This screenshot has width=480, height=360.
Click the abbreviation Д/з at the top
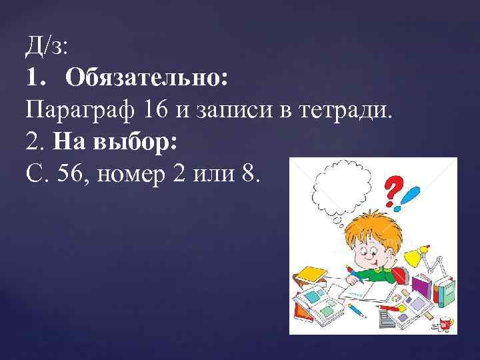click(x=47, y=47)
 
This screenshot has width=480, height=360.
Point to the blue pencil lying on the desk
click(x=357, y=311)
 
